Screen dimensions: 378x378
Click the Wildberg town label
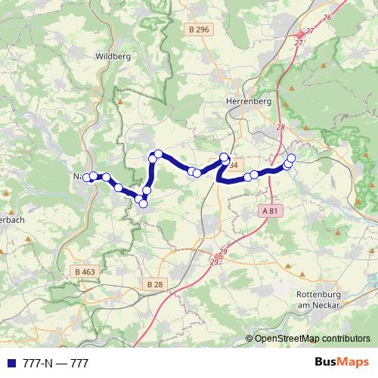coord(113,56)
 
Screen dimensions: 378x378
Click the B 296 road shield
coord(199,29)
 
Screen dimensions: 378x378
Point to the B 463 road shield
coord(86,271)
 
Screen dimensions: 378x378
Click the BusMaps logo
coord(341,363)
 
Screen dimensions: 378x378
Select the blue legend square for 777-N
coord(11,364)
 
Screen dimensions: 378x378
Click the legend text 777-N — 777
coord(56,364)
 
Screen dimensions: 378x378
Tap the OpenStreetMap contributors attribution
coord(311,339)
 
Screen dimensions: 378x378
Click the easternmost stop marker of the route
coord(291,158)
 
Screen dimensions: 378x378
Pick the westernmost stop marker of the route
coord(86,178)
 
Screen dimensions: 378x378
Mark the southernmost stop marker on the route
coord(143,202)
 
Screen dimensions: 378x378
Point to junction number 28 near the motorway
coord(280,127)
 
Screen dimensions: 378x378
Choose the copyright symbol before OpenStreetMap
coord(249,339)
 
